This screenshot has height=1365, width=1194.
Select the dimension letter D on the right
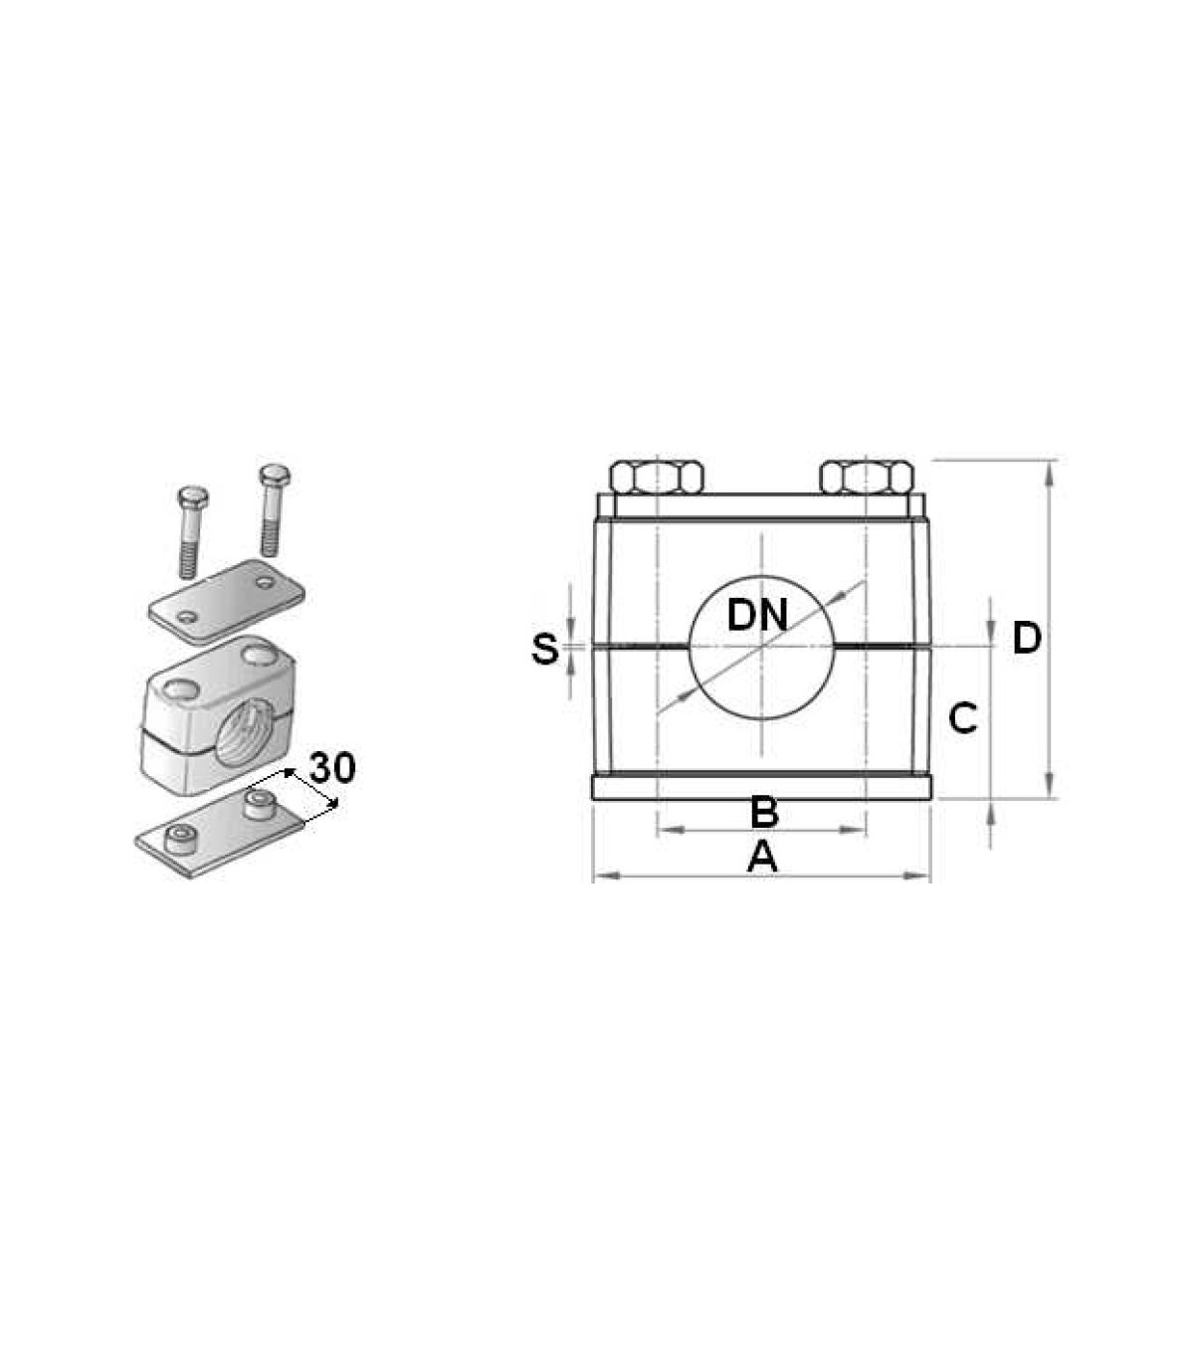(x=1027, y=638)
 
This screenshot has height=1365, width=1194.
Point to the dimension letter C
(x=962, y=719)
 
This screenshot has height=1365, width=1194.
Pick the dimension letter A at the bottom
(x=762, y=857)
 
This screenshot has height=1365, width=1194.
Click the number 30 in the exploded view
(x=332, y=768)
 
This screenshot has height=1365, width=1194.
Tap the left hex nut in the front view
(x=657, y=477)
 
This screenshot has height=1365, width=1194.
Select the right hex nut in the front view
(x=866, y=477)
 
